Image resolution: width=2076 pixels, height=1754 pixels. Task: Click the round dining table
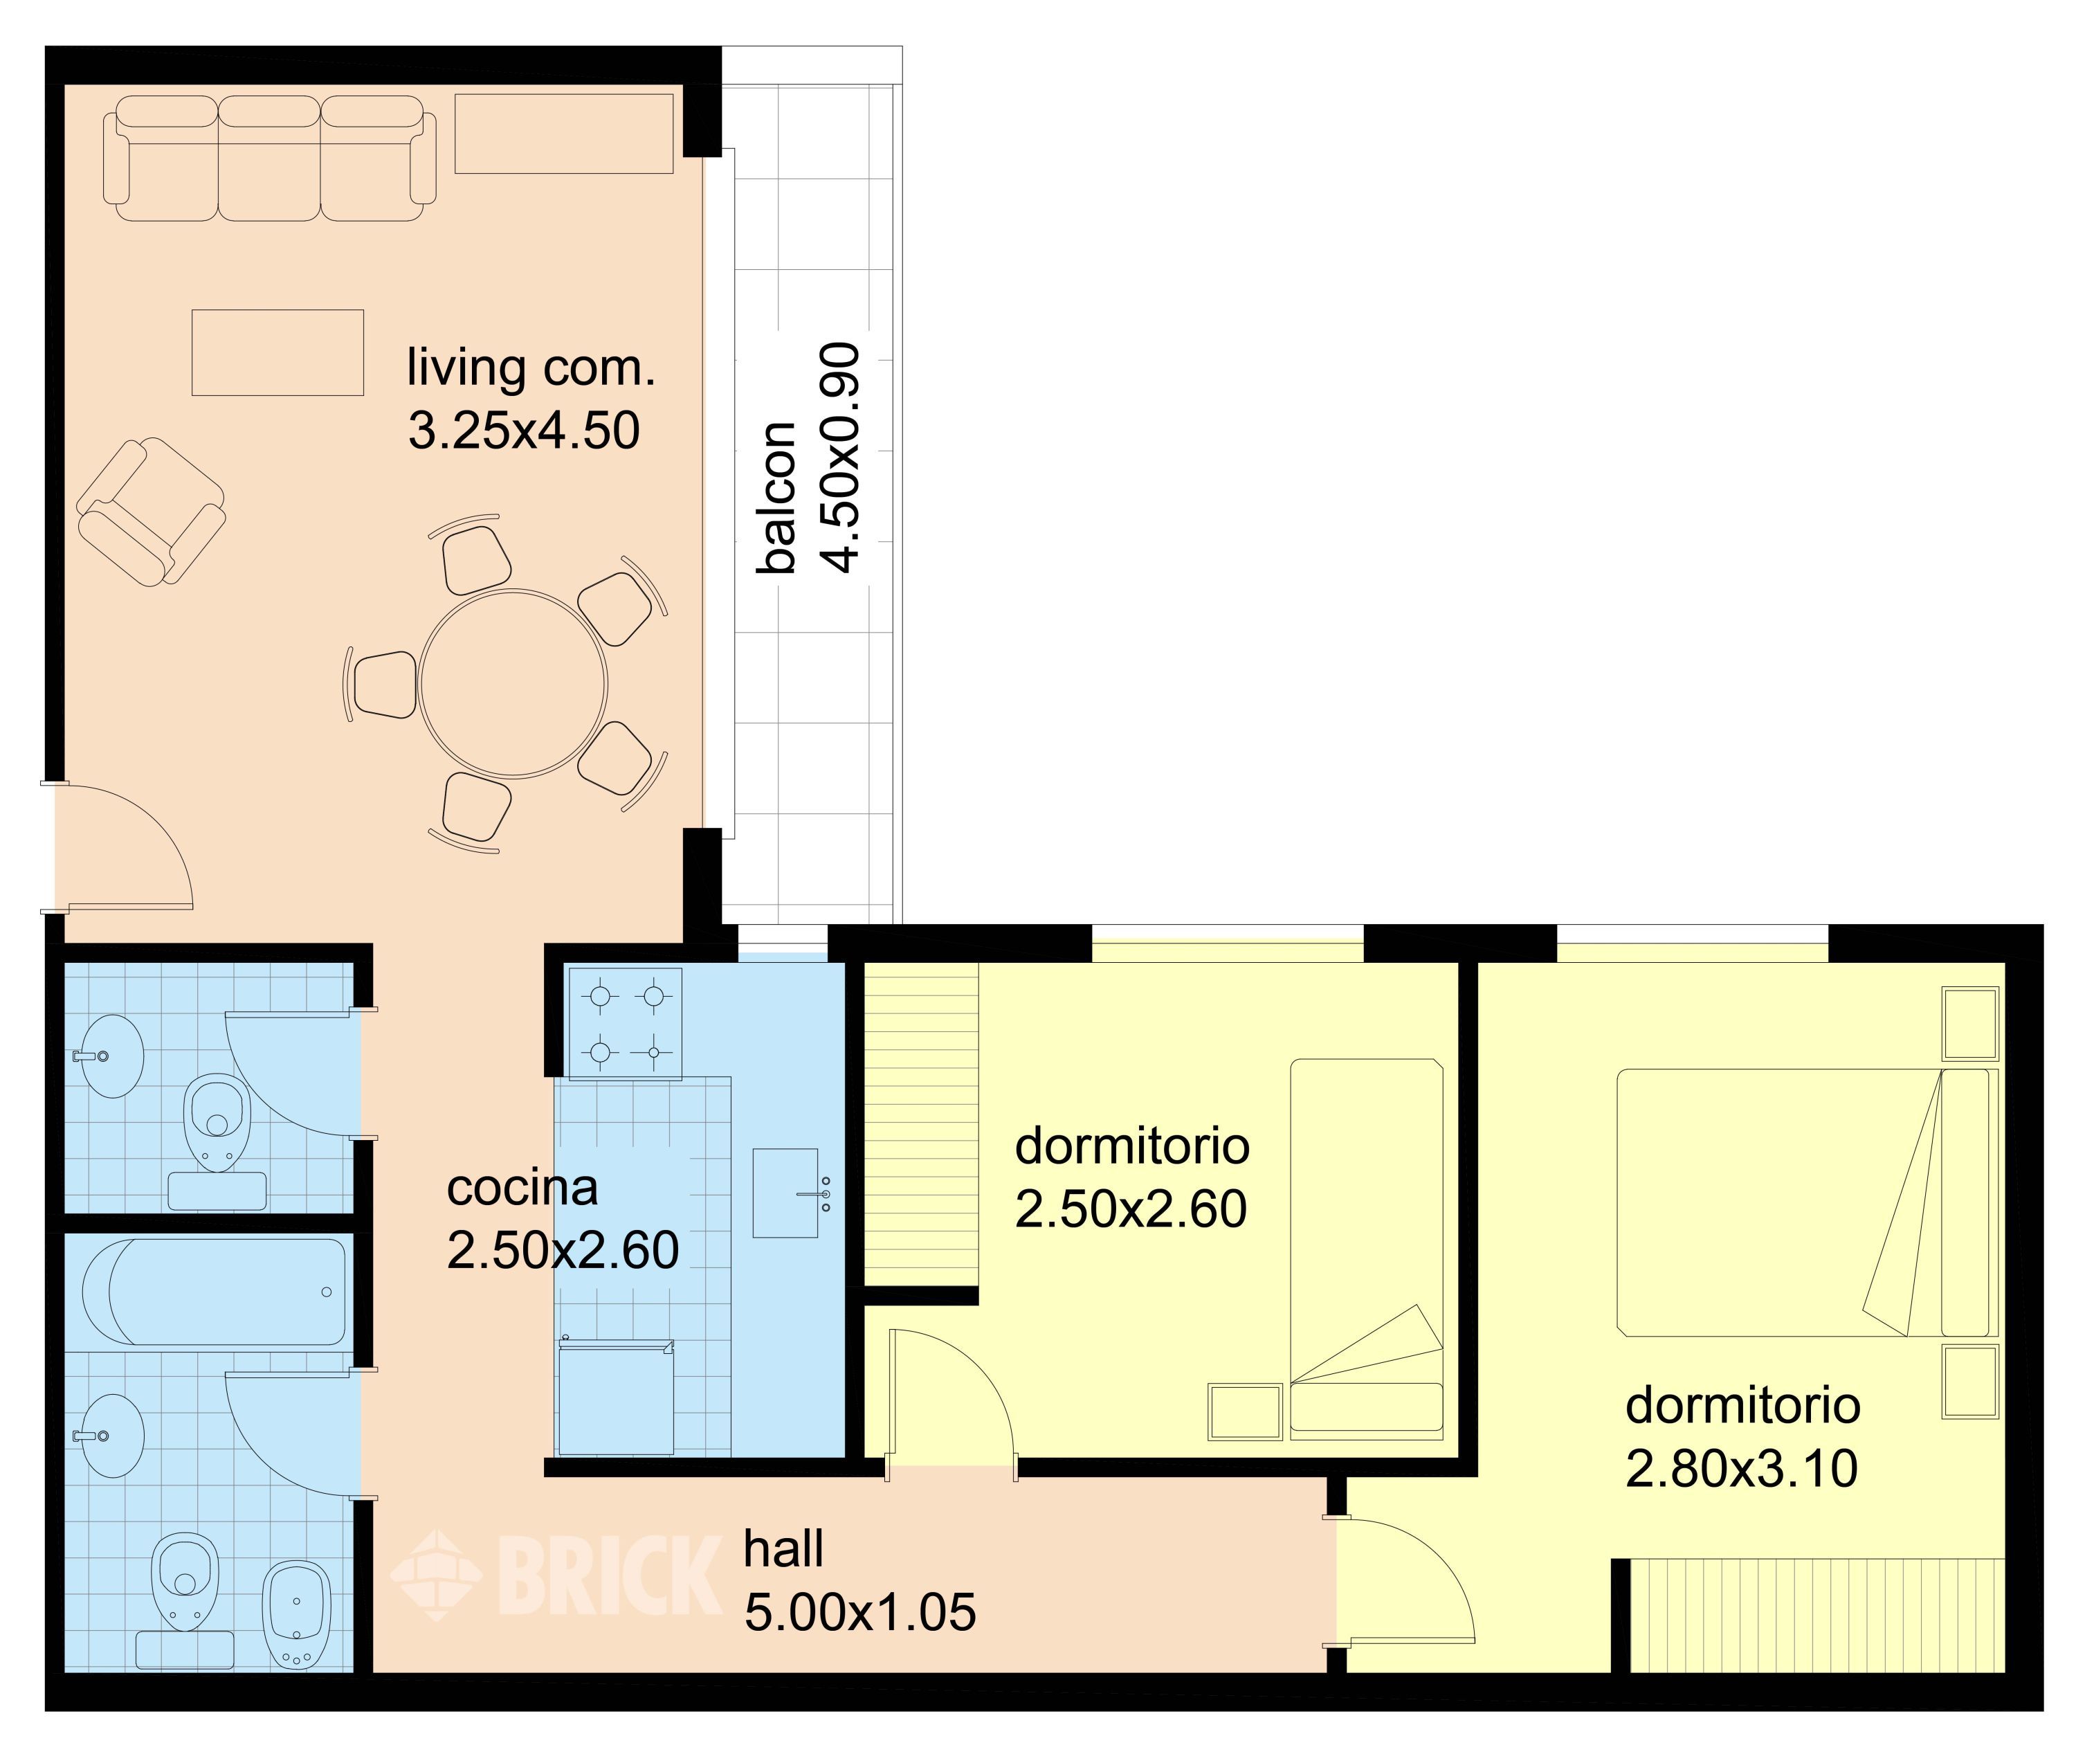pyautogui.click(x=513, y=684)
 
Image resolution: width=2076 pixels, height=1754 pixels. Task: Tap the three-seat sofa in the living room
pyautogui.click(x=269, y=158)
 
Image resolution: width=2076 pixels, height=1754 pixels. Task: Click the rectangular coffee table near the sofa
pyautogui.click(x=277, y=352)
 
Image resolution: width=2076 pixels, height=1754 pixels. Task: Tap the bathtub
pyautogui.click(x=214, y=1292)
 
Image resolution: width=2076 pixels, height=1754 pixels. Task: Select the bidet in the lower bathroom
pyautogui.click(x=295, y=1613)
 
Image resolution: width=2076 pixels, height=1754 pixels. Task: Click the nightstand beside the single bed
pyautogui.click(x=1245, y=1411)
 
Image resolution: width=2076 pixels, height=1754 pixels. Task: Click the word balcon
pyautogui.click(x=778, y=497)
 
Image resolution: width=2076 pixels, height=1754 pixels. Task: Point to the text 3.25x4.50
pyautogui.click(x=524, y=431)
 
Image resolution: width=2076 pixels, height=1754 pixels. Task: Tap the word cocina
pyautogui.click(x=522, y=1187)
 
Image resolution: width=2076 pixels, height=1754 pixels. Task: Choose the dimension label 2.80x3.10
pyautogui.click(x=1741, y=1469)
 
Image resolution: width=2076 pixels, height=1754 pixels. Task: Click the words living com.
pyautogui.click(x=531, y=368)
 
